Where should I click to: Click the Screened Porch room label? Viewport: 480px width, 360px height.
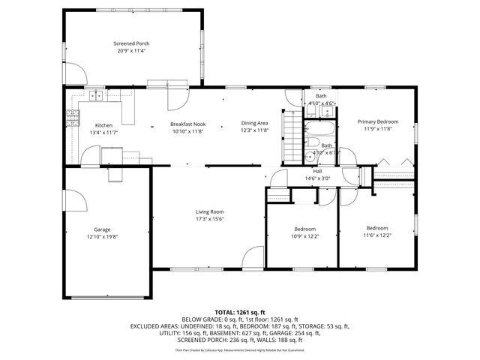point(131,43)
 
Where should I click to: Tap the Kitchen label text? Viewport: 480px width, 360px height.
point(103,124)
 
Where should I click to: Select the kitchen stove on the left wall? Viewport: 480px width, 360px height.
point(73,116)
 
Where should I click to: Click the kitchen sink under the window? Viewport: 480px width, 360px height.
point(96,96)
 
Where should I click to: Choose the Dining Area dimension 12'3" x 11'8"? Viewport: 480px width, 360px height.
point(254,131)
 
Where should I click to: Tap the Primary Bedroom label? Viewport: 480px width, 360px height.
point(377,121)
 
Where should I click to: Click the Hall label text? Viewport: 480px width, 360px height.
point(318,171)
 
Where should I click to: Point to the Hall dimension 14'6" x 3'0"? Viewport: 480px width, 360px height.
point(318,178)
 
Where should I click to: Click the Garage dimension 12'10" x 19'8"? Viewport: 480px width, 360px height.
point(102,236)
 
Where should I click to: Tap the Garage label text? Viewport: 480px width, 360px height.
point(102,229)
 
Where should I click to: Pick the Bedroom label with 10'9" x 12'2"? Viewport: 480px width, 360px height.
point(304,229)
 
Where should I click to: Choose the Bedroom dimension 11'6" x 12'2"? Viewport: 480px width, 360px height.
point(376,235)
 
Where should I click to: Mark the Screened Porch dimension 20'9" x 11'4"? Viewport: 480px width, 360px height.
point(131,51)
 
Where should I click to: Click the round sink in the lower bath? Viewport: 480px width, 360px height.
point(309,158)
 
